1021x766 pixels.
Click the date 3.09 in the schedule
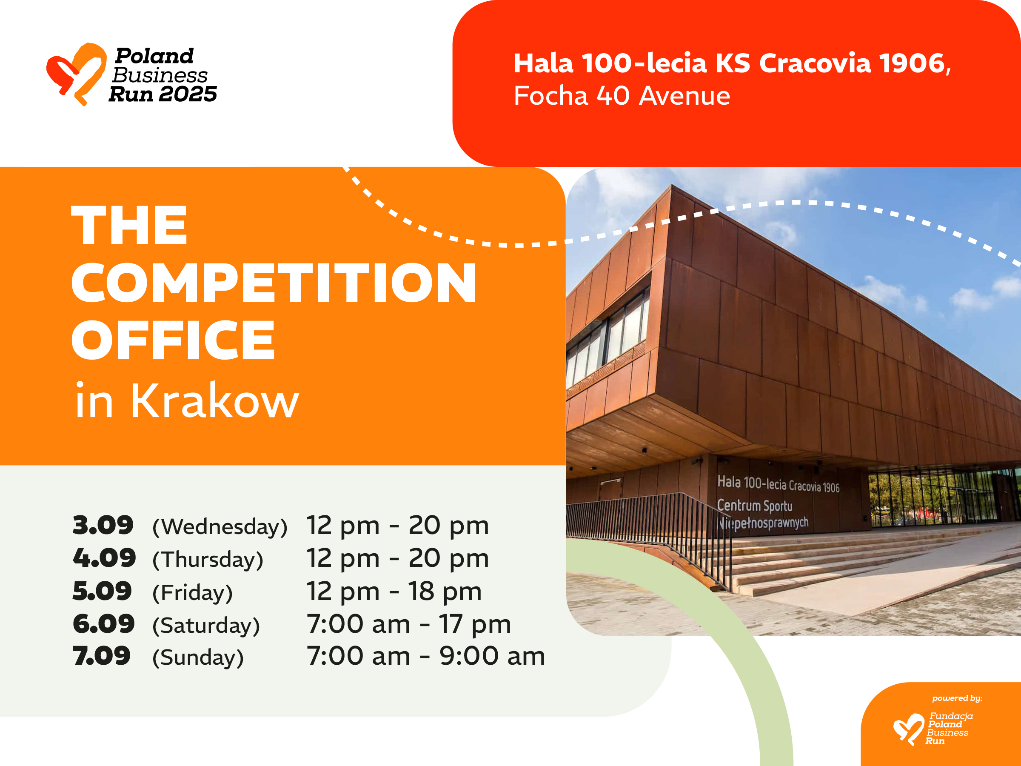pos(103,525)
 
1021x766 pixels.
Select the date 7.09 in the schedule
pos(102,656)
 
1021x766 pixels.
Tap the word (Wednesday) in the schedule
pos(220,527)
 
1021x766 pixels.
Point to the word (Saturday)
pos(206,625)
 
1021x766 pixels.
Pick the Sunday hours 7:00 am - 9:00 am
pos(426,656)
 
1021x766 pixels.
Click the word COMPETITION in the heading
pos(274,283)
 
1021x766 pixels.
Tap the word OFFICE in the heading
pos(173,340)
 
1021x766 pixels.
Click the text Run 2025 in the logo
pos(163,94)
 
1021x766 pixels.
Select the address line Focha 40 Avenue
pos(622,96)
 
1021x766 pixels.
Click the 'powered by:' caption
pos(957,698)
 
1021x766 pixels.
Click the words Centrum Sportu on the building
pos(755,505)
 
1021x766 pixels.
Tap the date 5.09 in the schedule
pos(102,591)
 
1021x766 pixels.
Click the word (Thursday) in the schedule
pos(208,560)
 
